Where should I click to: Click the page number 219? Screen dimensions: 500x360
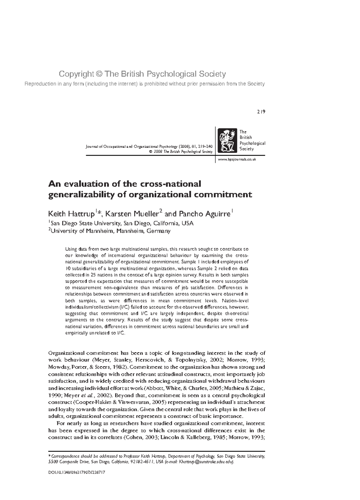tap(261, 112)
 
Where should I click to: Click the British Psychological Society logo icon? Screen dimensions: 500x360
tap(226, 140)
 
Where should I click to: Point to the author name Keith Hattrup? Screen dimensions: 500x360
tap(71, 214)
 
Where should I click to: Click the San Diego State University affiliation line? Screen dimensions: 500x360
tap(121, 223)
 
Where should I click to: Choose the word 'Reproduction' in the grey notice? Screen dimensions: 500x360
tap(39, 84)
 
